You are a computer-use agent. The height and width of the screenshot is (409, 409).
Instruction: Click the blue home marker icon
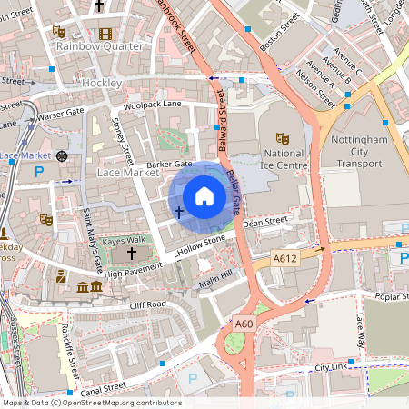(204, 195)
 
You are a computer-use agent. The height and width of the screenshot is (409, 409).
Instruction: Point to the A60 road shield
(244, 323)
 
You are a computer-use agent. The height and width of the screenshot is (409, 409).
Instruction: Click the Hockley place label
(102, 83)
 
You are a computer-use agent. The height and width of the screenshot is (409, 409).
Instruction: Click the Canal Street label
(102, 388)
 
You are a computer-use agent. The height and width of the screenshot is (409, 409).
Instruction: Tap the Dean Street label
(264, 221)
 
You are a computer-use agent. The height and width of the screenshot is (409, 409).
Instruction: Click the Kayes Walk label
(124, 240)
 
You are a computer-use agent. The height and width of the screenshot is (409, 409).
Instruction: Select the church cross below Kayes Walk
(131, 254)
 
